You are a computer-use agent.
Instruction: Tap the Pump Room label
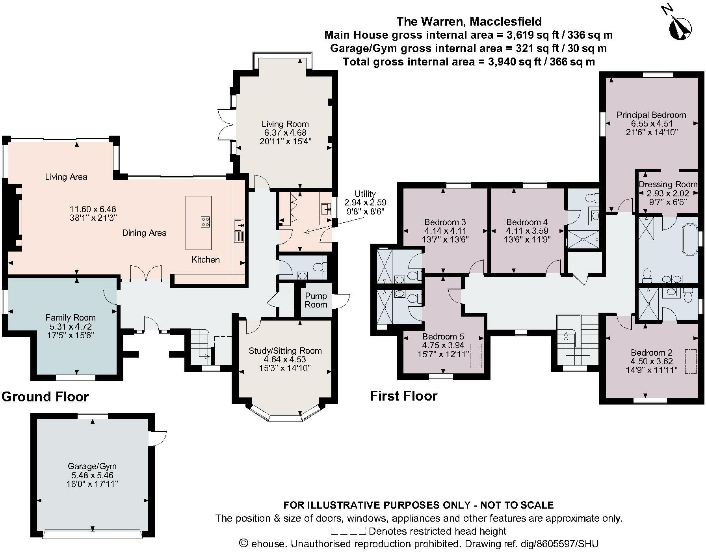click(x=316, y=300)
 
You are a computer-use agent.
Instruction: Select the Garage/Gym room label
click(x=92, y=466)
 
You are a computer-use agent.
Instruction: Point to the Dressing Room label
click(x=662, y=184)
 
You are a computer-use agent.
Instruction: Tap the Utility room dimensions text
click(x=365, y=207)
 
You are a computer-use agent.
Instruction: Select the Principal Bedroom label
click(x=651, y=115)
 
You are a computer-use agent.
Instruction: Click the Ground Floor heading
click(x=45, y=396)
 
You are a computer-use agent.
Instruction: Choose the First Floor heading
click(x=403, y=395)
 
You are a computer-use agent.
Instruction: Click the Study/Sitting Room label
click(x=285, y=351)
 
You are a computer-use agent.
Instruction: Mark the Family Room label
click(x=71, y=317)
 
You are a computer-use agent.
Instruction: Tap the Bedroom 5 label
click(x=443, y=336)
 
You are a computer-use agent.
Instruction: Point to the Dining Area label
click(x=144, y=233)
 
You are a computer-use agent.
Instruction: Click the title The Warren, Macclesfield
click(x=469, y=21)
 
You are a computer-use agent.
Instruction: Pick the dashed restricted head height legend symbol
click(x=348, y=531)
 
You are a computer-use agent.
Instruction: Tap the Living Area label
click(x=66, y=177)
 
